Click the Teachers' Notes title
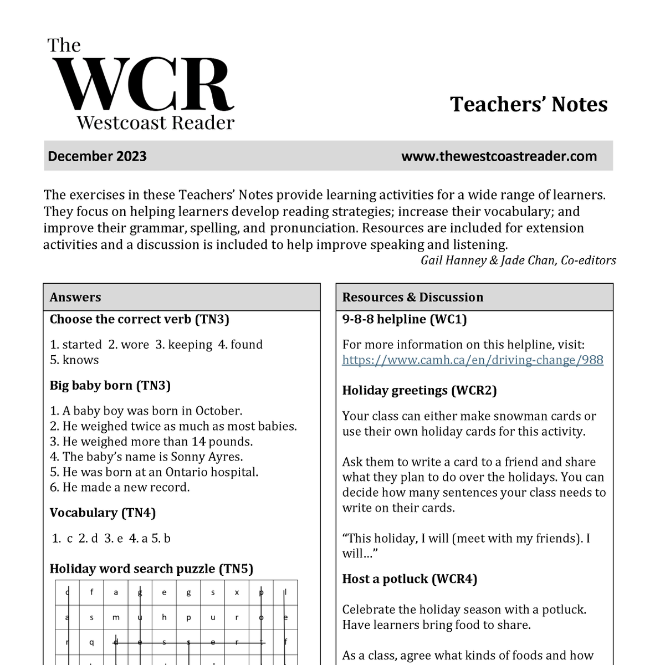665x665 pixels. point(529,104)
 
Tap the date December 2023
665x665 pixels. point(97,156)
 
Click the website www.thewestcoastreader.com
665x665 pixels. point(499,156)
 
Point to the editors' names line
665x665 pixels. point(518,260)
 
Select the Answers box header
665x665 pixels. point(75,297)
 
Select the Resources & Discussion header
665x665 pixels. point(412,297)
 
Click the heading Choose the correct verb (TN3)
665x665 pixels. point(139,319)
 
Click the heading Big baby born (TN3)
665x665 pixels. point(110,386)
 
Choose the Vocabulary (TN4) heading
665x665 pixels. point(103,513)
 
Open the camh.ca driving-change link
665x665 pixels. point(472,360)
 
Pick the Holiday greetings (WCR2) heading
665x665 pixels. point(419,391)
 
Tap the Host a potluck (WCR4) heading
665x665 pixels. point(410,579)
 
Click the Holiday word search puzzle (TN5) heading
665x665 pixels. point(151,569)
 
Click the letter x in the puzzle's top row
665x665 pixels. point(237,592)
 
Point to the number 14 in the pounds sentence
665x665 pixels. point(198,442)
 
